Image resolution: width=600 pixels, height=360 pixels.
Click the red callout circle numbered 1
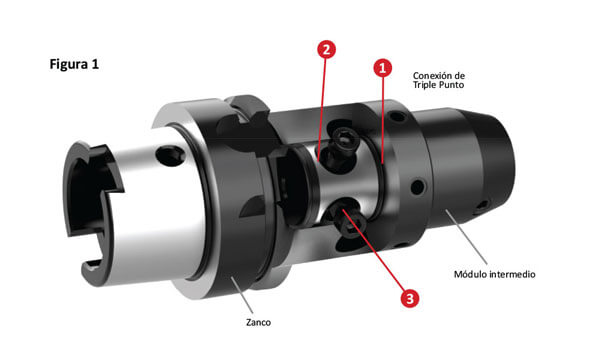pos(383,68)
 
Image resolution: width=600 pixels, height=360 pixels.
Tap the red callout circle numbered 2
pos(326,49)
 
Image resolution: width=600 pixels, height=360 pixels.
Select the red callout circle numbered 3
pos(409,298)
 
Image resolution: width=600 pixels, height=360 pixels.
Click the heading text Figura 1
pos(74,64)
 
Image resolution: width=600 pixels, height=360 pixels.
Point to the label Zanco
pos(258,322)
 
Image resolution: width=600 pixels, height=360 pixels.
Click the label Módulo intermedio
pos(494,274)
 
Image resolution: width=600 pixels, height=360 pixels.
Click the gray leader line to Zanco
pos(241,296)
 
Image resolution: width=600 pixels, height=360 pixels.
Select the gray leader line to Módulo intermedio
pos(466,237)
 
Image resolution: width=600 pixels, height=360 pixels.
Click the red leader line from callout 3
pos(373,249)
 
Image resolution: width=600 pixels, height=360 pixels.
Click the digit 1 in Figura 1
pos(95,64)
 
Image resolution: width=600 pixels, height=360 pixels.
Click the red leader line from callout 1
pos(383,120)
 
